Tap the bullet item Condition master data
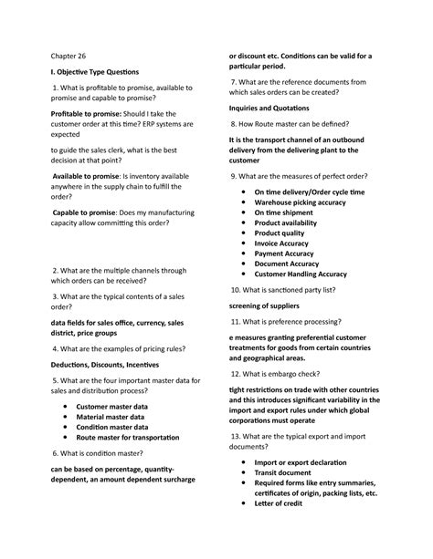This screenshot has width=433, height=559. pyautogui.click(x=111, y=426)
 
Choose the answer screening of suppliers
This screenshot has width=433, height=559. pyautogui.click(x=269, y=305)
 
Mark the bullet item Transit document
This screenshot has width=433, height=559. pyautogui.click(x=288, y=471)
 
